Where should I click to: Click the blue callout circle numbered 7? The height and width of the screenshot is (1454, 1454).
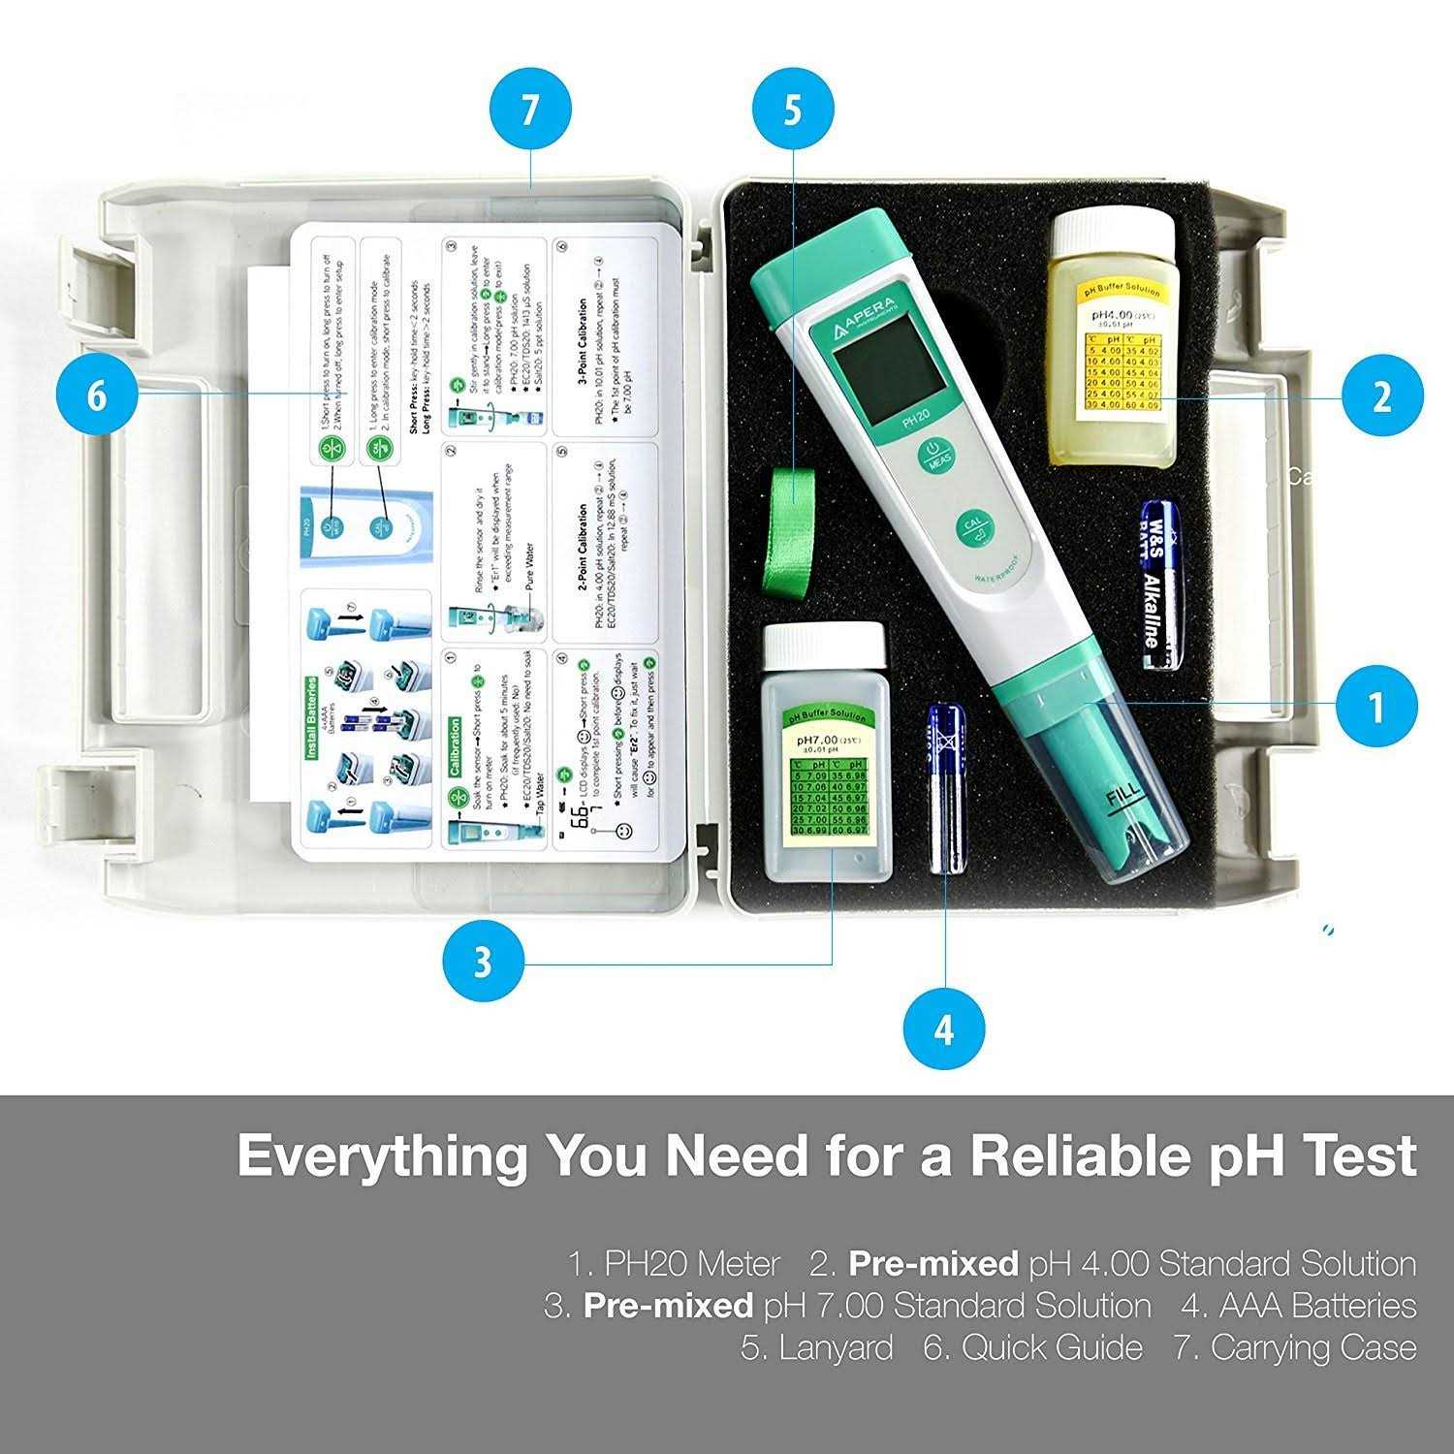[529, 110]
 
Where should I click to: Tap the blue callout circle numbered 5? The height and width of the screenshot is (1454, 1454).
[792, 110]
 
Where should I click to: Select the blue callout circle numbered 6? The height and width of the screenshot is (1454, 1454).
[97, 395]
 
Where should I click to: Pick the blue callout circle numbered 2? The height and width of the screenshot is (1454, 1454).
[1382, 395]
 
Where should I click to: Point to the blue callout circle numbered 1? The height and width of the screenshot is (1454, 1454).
[1375, 707]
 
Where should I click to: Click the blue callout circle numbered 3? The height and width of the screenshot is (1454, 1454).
[483, 963]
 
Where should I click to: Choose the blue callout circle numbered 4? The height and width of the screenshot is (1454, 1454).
[944, 1028]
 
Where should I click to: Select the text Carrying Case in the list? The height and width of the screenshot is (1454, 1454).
[1312, 1347]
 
